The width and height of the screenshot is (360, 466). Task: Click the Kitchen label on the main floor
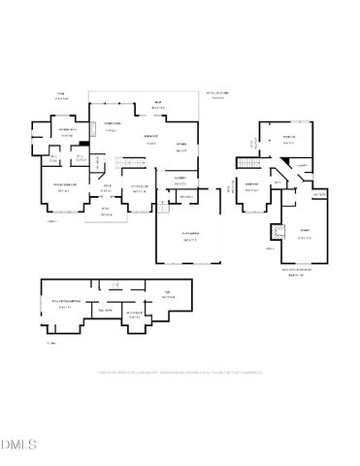pos(181,150)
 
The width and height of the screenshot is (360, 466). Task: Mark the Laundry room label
pos(180,180)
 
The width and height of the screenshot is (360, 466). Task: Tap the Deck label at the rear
pos(156,104)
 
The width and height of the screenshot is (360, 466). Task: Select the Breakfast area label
pos(151,137)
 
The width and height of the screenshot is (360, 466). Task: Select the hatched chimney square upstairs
pos(275,232)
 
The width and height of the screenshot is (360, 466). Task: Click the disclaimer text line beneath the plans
pos(180,372)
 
